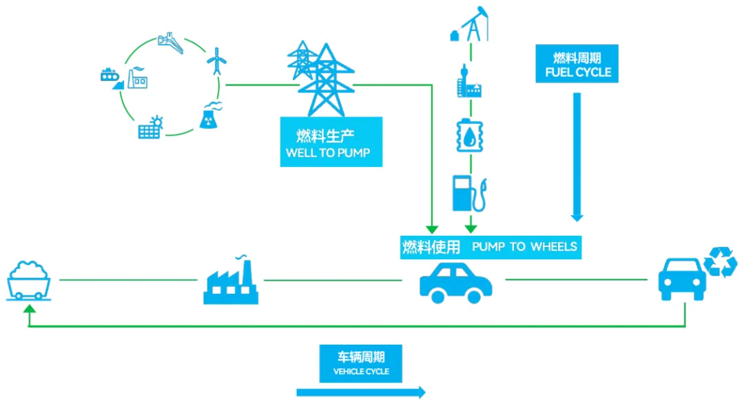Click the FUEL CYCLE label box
[x=577, y=64]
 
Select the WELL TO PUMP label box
[x=331, y=141]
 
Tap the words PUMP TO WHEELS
[x=524, y=246]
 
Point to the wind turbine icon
[x=217, y=61]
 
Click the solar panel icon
[x=151, y=127]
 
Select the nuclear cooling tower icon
[x=210, y=115]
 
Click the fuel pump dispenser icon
[x=470, y=192]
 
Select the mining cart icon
[x=29, y=280]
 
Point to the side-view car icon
[x=455, y=281]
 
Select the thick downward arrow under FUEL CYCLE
[x=577, y=155]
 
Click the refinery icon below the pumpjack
[x=470, y=83]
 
